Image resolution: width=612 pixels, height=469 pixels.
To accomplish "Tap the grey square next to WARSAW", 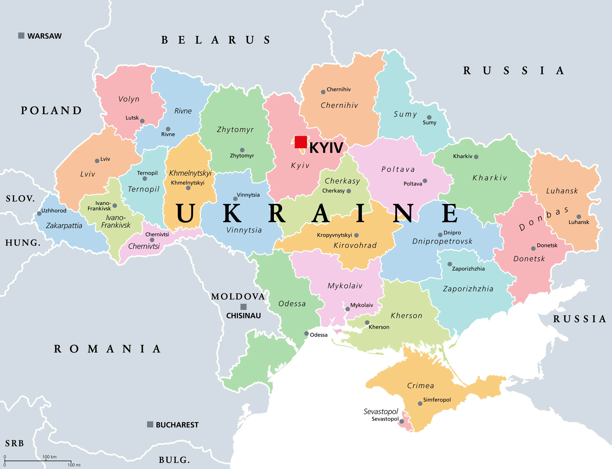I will (21, 36).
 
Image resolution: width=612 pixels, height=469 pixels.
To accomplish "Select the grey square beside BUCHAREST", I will (150, 425).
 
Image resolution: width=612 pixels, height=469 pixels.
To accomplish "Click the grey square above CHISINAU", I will (244, 307).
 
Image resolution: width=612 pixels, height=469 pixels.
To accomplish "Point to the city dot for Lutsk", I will (142, 121).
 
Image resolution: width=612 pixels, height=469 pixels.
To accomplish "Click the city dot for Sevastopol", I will (401, 421).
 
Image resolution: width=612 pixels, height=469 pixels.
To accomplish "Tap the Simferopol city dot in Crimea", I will (420, 404).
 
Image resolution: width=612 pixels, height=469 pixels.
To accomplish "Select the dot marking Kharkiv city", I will (476, 157).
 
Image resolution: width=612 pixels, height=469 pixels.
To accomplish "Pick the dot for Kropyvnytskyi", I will (356, 235).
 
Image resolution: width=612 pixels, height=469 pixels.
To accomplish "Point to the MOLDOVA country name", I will (238, 296).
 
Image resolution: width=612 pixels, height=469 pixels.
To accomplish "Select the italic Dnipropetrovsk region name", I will (442, 241).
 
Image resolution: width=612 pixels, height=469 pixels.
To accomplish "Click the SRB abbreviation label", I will (15, 443).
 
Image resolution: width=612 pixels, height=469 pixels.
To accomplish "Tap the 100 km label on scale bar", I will (49, 457).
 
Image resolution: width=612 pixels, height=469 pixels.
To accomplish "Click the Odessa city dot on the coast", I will (306, 334).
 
